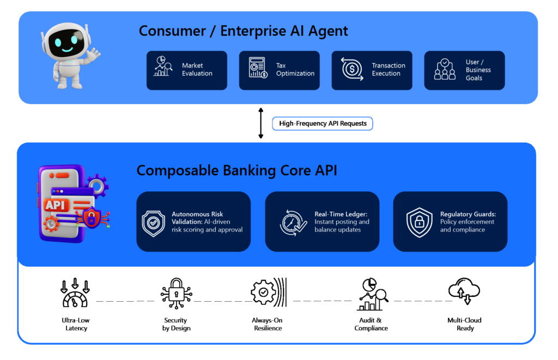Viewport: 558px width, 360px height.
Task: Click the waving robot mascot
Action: point(70,56)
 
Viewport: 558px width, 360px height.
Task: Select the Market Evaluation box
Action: point(187,70)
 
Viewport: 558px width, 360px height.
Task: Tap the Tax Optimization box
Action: point(280,70)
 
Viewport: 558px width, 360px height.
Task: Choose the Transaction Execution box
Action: point(372,70)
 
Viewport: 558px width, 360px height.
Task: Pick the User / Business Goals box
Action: point(464,70)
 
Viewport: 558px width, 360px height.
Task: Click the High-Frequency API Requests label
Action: point(323,124)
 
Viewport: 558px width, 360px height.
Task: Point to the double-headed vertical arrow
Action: point(261,123)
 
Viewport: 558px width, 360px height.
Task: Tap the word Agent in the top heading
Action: point(327,31)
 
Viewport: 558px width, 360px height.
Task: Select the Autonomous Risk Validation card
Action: point(193,222)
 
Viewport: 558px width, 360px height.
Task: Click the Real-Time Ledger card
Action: point(322,222)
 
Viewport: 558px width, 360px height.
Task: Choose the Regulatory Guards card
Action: point(450,222)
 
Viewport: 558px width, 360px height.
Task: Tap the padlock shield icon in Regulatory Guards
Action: point(420,222)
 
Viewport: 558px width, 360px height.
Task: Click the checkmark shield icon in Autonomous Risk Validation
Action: point(153,223)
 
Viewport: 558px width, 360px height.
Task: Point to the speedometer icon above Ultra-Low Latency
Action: point(75,293)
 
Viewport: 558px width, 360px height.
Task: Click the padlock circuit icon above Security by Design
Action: point(176,293)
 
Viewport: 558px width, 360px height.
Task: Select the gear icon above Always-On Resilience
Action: point(268,292)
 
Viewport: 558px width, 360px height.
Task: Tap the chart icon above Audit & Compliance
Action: point(372,294)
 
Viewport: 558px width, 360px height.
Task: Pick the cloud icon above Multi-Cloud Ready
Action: point(464,291)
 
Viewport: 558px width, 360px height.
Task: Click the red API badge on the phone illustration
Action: point(56,205)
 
